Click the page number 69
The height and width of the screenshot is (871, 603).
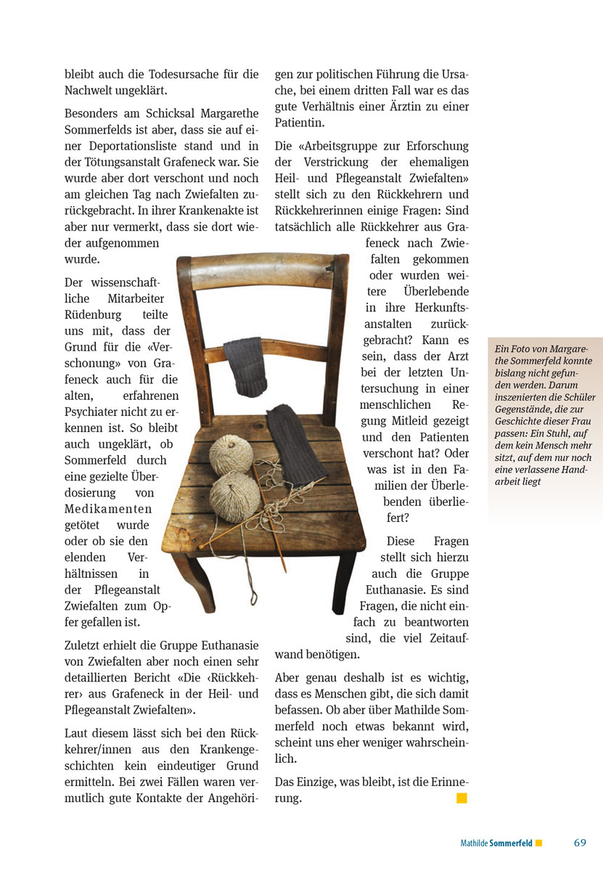point(579,843)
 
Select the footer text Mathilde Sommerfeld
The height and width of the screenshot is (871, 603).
point(496,843)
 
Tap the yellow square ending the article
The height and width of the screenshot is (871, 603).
point(462,798)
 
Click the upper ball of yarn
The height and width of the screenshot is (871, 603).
point(231,454)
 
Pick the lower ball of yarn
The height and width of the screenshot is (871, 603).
point(234,494)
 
